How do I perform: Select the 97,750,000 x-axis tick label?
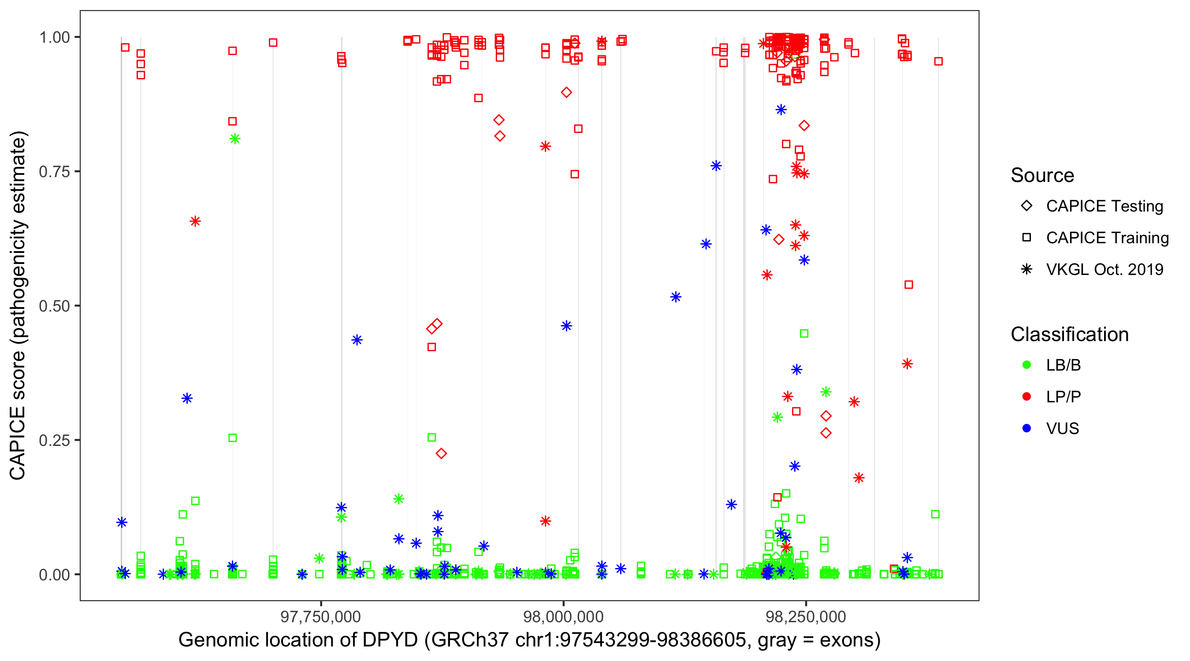tap(320, 616)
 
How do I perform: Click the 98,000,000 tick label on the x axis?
tap(563, 616)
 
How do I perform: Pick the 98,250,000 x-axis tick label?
tap(806, 616)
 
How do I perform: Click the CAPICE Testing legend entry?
tap(1104, 206)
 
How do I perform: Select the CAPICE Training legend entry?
tap(1107, 238)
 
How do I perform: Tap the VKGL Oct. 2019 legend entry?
tap(1104, 270)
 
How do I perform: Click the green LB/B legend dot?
tap(1026, 365)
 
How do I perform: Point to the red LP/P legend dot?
tap(1026, 397)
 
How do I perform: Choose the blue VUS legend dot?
tap(1026, 429)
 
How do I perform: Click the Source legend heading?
tap(1042, 175)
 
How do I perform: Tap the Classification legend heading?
tap(1069, 334)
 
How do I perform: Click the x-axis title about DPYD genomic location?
tap(529, 640)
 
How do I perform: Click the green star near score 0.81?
tap(234, 139)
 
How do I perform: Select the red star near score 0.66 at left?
tap(195, 221)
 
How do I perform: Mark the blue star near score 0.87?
tap(781, 110)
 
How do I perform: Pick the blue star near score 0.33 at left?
tap(186, 399)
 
